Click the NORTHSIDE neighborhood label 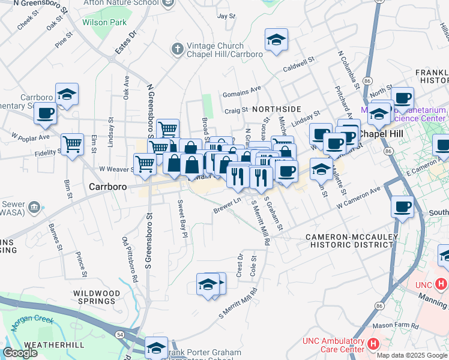coord(276,109)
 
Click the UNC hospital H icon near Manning coord(441,283)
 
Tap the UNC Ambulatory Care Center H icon coord(373,344)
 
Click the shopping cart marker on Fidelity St coord(73,143)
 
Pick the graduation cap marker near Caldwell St coord(276,40)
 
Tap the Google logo coord(20,353)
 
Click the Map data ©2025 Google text coord(412,355)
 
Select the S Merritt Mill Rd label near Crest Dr coord(238,304)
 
